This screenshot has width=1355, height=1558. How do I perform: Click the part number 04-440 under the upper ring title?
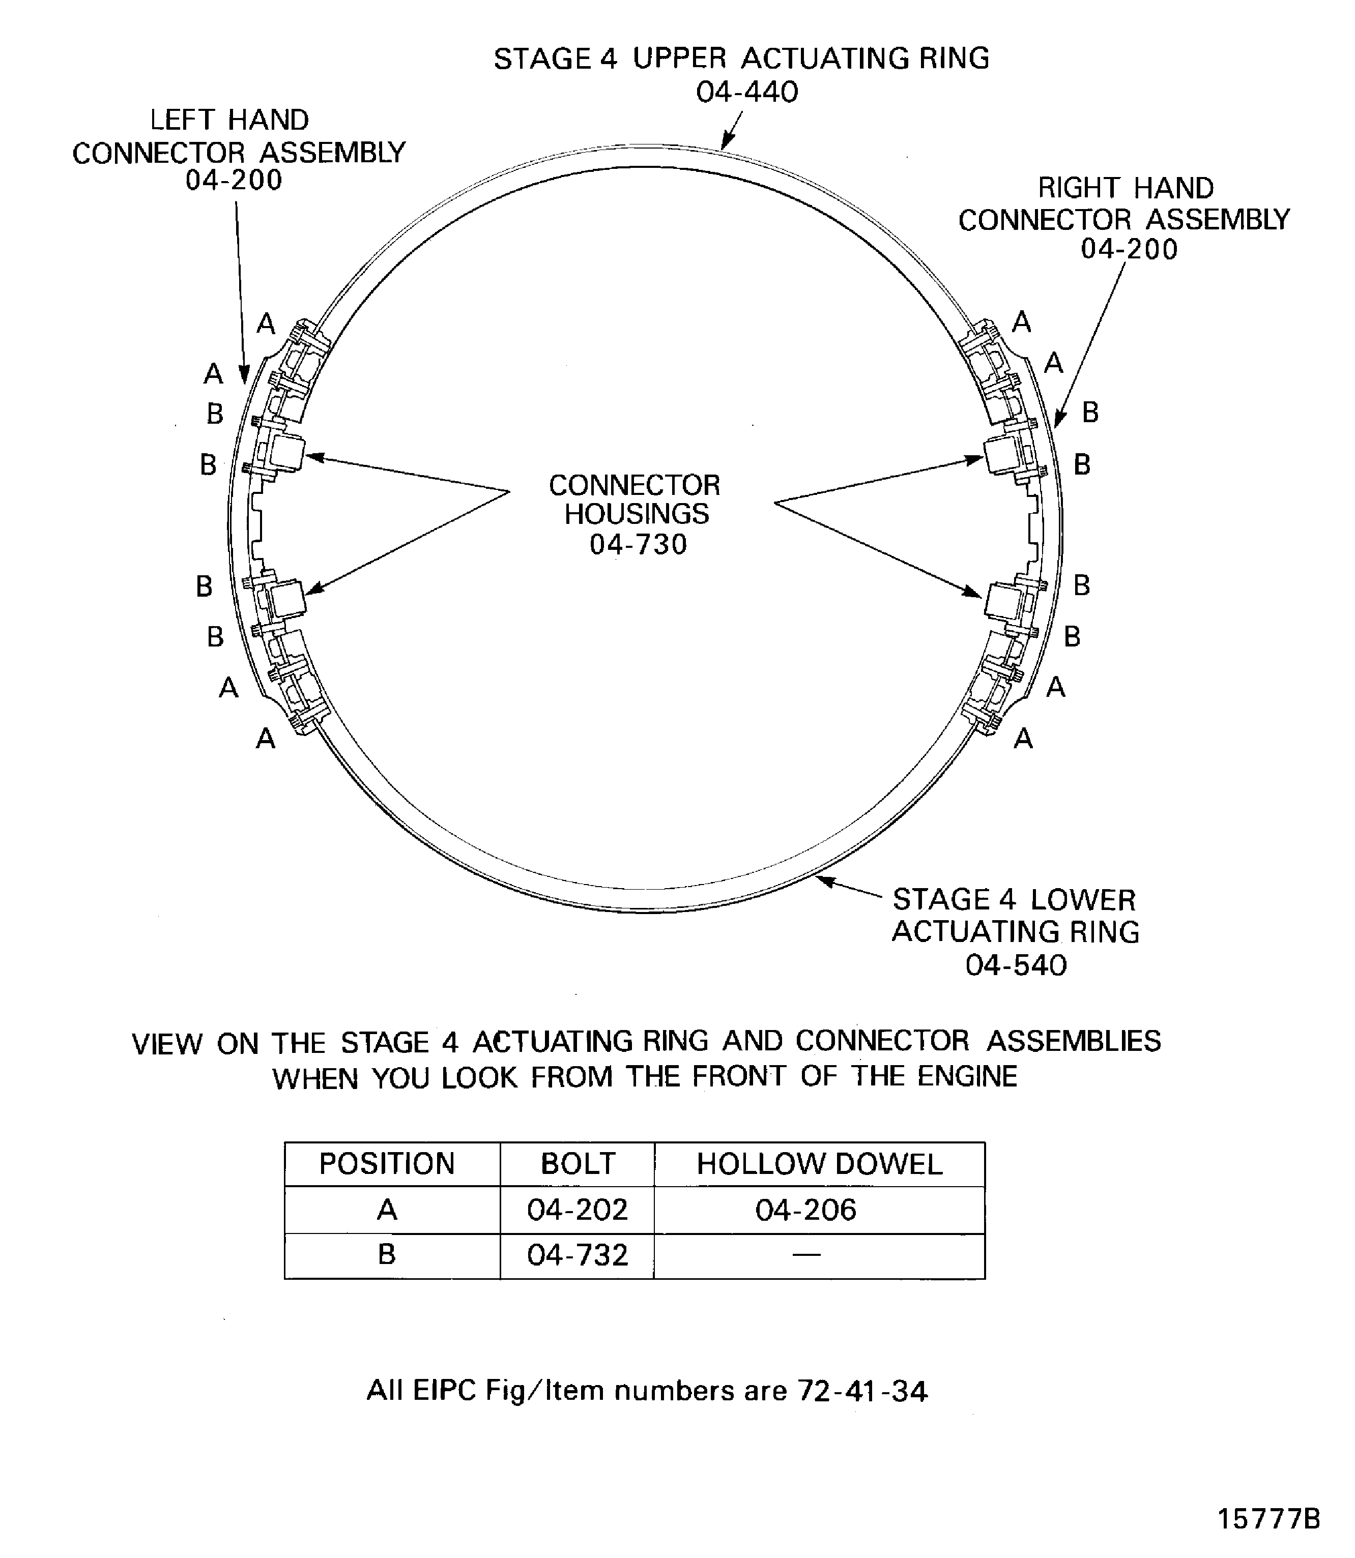coord(746,92)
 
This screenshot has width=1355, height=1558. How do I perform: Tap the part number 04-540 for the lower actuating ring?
coord(1016,965)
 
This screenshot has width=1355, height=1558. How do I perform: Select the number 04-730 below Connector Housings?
coord(638,544)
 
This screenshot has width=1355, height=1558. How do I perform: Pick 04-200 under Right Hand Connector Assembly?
coord(1129,249)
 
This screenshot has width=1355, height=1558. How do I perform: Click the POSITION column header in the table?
coord(387,1163)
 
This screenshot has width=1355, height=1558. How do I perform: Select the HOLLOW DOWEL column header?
coord(820,1163)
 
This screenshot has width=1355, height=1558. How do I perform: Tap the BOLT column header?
coord(578,1163)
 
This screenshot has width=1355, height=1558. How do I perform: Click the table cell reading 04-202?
coord(578,1210)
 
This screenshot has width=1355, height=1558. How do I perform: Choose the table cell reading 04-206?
coord(806,1210)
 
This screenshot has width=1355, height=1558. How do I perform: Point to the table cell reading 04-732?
coord(578,1255)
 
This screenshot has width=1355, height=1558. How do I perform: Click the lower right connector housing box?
coord(1003,600)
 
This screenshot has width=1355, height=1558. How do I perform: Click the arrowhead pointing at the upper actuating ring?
coord(726,142)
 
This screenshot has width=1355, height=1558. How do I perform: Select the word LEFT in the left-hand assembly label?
coord(181,120)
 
